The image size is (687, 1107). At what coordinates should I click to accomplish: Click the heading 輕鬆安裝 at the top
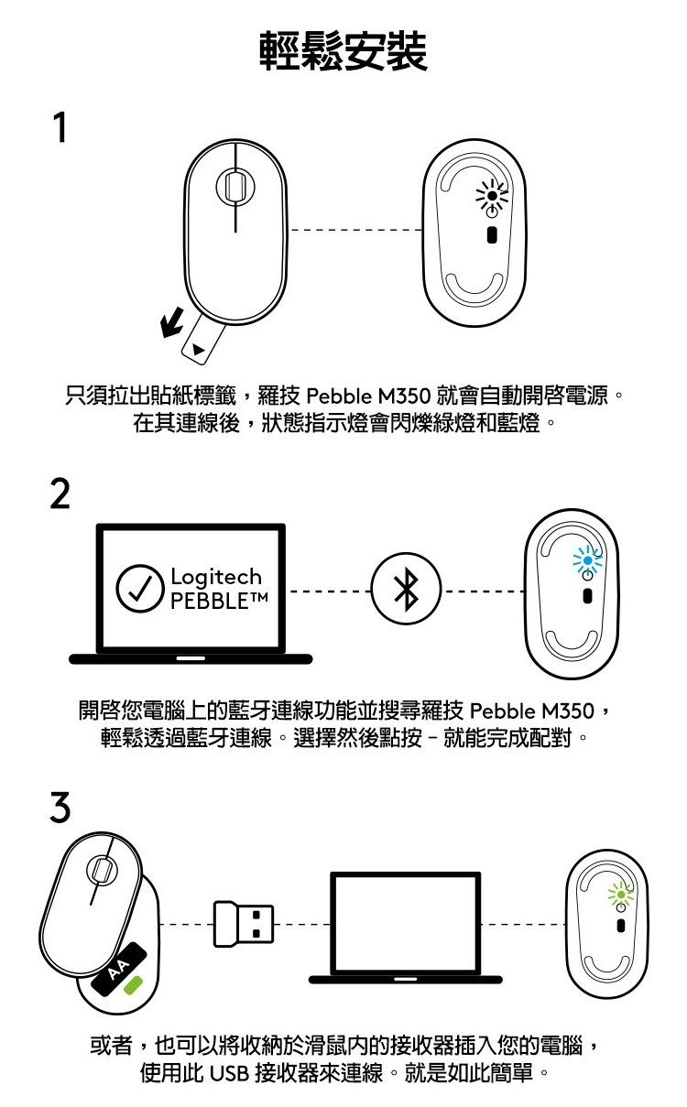tap(343, 51)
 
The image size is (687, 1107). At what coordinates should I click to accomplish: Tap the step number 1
tap(60, 127)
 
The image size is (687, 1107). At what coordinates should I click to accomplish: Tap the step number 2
tap(60, 494)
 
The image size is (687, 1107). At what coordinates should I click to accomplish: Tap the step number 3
tap(60, 807)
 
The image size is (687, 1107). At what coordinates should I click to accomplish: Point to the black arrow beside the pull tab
tap(172, 322)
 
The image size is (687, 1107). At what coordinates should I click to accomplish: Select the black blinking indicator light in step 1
tap(492, 196)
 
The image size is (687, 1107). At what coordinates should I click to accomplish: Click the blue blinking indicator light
tap(587, 560)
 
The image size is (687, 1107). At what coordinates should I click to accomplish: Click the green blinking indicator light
tap(621, 894)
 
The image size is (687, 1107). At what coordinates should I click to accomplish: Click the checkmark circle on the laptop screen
tap(140, 588)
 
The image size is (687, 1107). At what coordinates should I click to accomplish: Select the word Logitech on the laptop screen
tap(216, 577)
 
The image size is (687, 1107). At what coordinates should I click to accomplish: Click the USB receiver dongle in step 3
tap(244, 924)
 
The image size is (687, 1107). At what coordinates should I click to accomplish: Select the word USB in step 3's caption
tap(229, 1073)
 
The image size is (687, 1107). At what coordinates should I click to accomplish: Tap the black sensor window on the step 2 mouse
tap(587, 596)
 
